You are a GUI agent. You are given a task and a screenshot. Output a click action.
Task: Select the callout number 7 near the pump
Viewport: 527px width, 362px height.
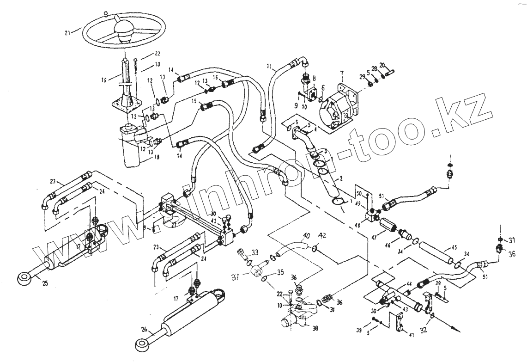(342, 74)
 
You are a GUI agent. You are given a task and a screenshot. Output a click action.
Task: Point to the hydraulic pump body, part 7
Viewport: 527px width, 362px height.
(339, 107)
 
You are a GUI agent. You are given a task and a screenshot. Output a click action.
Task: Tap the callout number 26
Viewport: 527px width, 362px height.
(144, 329)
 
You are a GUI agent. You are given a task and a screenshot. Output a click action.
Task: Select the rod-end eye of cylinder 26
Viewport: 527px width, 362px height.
(141, 343)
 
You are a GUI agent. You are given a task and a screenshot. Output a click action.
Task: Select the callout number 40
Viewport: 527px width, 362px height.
(305, 240)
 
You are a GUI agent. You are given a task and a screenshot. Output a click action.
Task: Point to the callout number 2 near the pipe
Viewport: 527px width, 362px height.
(341, 178)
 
